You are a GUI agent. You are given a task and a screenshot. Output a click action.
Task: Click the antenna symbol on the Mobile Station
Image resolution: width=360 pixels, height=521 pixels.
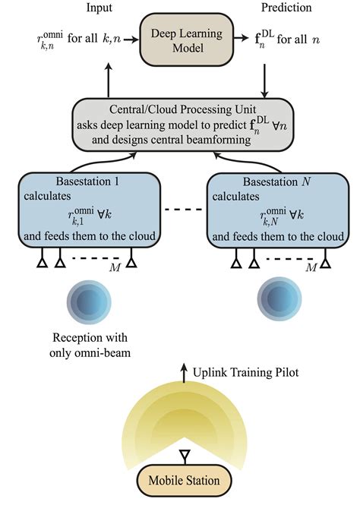[x=182, y=457]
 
